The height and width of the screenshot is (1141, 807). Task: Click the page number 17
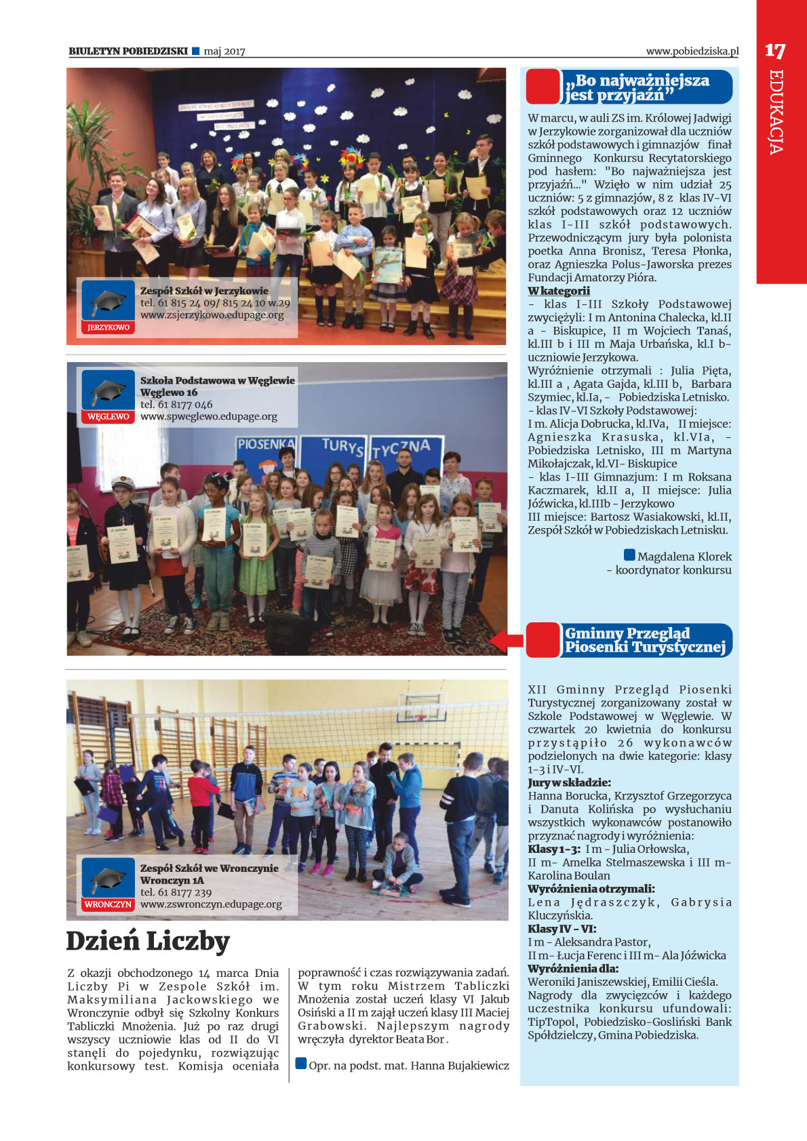(x=774, y=51)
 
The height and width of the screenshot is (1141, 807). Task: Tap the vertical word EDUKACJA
(x=776, y=112)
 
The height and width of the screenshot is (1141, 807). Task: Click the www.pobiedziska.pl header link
(x=692, y=51)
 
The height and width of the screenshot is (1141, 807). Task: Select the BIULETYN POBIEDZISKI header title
(x=128, y=51)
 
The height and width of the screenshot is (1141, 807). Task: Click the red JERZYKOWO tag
(x=109, y=327)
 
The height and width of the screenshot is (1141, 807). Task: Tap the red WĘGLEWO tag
(x=109, y=417)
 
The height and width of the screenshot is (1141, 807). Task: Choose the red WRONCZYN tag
(x=109, y=904)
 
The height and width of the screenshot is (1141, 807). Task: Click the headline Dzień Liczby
(x=148, y=942)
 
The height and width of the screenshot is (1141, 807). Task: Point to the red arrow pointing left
(x=505, y=640)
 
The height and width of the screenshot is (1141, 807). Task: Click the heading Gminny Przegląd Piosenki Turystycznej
(x=644, y=640)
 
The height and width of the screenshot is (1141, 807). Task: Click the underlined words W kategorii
(x=559, y=291)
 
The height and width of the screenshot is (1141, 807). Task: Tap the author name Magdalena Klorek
(x=684, y=557)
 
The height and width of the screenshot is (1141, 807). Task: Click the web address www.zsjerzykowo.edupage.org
(x=212, y=315)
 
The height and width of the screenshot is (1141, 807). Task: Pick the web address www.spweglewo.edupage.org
(x=209, y=417)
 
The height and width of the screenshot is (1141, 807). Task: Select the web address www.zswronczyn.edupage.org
(x=211, y=904)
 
